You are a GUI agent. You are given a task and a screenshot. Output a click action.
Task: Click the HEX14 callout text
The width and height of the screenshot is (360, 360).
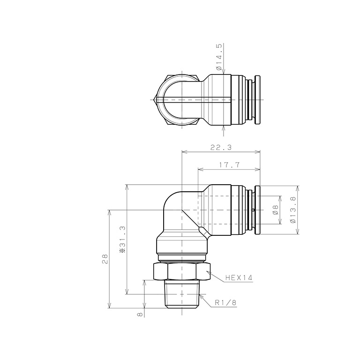[239, 277]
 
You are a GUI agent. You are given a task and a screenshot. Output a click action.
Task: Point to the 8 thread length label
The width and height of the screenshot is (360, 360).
[140, 315]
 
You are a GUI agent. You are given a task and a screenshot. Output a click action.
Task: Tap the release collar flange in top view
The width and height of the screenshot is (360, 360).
[257, 99]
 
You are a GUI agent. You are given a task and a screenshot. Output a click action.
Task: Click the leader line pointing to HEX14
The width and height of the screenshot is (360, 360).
[217, 276]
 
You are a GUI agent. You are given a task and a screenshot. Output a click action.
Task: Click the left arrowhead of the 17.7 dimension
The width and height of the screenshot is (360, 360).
[201, 169]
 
